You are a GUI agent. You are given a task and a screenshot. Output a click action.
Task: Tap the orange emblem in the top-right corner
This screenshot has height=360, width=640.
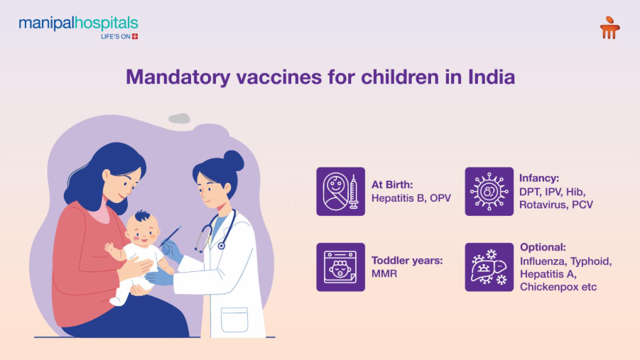pos(609,28)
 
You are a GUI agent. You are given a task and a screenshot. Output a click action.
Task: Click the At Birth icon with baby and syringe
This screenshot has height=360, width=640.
pos(340,191)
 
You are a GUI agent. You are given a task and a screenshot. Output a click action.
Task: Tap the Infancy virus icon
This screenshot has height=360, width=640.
pos(489,191)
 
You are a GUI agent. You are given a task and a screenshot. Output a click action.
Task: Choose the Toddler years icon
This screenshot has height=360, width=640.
pos(340,266)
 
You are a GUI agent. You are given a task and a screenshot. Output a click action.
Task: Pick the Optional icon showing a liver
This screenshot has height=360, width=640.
pos(489,266)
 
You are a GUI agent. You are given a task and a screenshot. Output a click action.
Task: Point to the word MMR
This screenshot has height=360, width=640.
pos(384,273)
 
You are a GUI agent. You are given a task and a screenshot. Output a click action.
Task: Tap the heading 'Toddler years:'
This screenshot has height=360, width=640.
pos(407,260)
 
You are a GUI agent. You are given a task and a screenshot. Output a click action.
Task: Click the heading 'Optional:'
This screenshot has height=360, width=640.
pos(543,247)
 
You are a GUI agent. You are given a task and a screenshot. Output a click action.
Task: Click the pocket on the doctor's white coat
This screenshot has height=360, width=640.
pos(234,319)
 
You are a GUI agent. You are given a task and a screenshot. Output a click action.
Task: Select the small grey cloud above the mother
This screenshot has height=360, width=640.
pos(179,119)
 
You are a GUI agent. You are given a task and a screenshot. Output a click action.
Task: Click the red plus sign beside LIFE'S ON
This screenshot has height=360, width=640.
pos(135,36)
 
